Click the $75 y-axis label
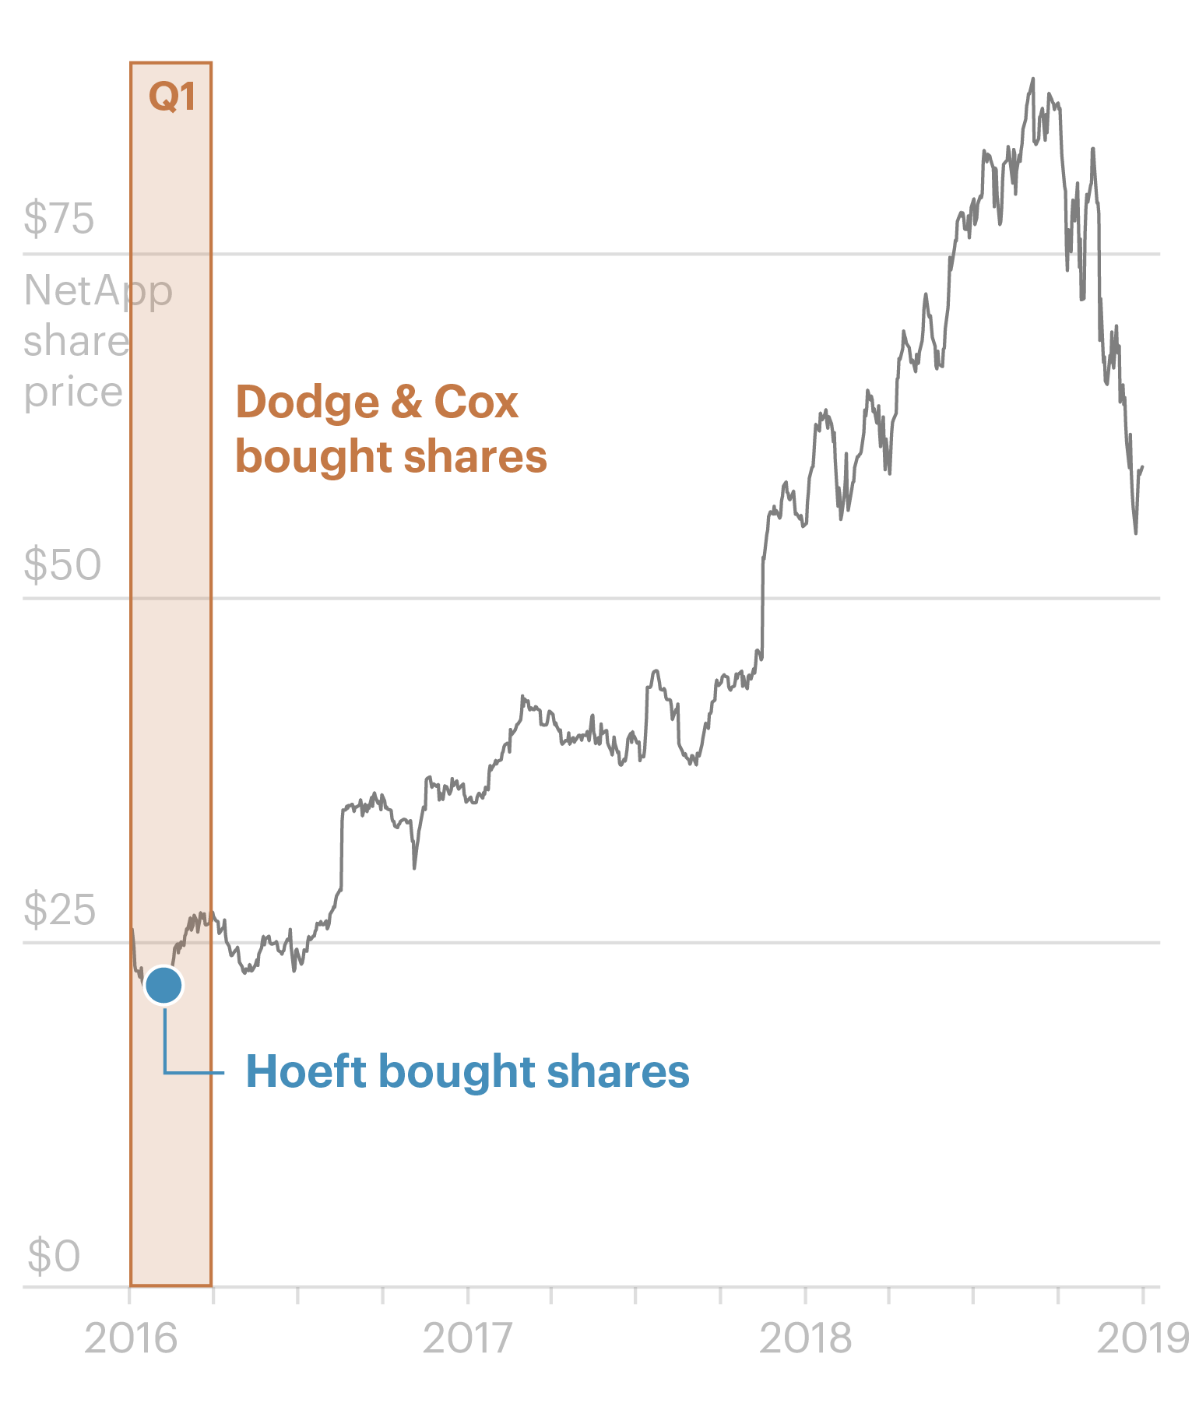59,219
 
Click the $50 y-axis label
62,564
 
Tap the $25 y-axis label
60,909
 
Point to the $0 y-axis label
54,1256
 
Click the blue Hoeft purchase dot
163,986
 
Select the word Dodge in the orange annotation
307,403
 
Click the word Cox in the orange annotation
476,403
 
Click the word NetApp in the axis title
98,291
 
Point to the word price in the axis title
73,392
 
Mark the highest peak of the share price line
1033,79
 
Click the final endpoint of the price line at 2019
1142,466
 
